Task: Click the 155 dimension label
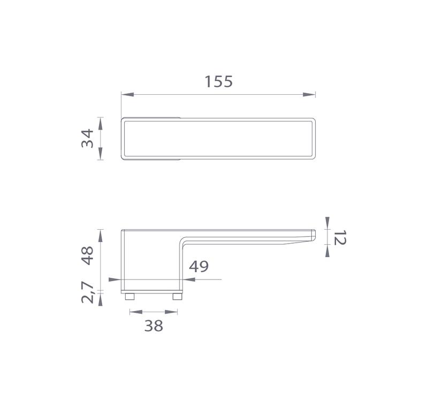(x=219, y=82)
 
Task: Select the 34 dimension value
(x=87, y=139)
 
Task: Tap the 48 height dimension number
(x=87, y=255)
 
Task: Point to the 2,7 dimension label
(x=88, y=292)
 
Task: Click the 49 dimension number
(x=199, y=267)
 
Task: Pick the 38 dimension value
(x=154, y=326)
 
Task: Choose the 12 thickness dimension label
(x=340, y=238)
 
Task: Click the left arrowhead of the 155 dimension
(x=127, y=94)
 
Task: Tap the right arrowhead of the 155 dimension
(x=309, y=94)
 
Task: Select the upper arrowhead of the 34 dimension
(x=100, y=124)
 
